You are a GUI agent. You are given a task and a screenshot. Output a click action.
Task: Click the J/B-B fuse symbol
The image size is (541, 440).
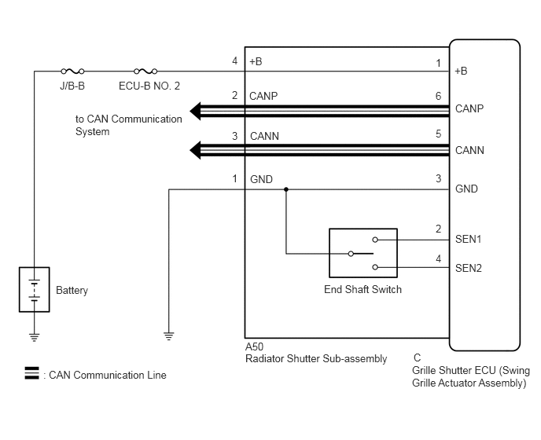[x=72, y=71]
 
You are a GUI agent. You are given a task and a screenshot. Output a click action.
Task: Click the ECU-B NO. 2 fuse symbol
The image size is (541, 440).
[x=145, y=71]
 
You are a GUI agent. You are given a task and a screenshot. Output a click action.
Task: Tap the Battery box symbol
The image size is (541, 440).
[x=34, y=290]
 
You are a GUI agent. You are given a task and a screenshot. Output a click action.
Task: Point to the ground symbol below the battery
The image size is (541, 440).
[x=34, y=337]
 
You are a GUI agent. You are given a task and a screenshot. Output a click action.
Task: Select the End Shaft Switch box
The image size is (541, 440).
[x=363, y=253]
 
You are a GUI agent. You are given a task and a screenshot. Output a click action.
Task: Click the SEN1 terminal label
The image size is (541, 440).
[x=468, y=239]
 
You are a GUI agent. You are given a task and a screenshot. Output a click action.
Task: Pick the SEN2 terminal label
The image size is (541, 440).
[x=468, y=268]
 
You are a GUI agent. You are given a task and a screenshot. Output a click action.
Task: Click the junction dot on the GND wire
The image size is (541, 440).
[x=286, y=189]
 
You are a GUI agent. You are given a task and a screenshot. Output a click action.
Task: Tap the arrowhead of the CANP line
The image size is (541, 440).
[x=195, y=111]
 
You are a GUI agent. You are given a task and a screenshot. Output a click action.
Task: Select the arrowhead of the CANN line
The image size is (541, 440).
[x=195, y=150]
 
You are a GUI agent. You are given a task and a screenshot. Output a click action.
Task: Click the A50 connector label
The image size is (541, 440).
[x=254, y=346]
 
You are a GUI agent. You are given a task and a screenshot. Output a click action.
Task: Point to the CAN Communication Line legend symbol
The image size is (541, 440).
[x=31, y=373]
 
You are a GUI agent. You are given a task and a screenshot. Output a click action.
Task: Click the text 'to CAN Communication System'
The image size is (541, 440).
[x=129, y=125]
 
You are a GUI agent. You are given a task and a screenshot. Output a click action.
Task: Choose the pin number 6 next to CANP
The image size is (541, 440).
[x=438, y=96]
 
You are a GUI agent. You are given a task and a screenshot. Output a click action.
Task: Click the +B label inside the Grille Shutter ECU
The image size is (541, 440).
[x=461, y=71]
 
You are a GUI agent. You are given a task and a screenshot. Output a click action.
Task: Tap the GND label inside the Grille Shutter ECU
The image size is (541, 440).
[x=466, y=189]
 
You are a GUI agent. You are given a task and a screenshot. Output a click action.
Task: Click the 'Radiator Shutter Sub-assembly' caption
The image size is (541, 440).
[x=316, y=359]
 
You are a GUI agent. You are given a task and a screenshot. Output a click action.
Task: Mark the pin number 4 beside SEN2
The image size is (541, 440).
[x=438, y=258]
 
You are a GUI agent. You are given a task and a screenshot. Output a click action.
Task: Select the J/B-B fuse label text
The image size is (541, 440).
[x=72, y=86]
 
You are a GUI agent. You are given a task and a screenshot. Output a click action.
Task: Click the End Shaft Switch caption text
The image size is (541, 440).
[x=363, y=289]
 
